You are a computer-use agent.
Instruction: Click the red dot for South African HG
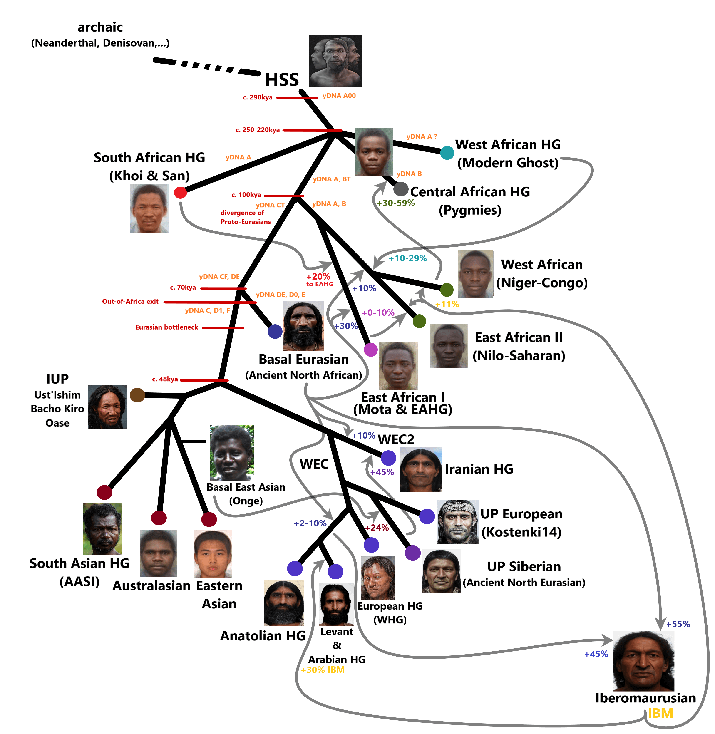180,193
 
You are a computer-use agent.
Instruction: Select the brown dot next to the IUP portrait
137,395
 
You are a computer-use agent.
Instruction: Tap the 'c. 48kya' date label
165,379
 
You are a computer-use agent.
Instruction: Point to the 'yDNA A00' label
339,96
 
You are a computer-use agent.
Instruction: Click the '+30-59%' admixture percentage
396,203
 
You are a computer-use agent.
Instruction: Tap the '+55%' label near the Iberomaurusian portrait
678,624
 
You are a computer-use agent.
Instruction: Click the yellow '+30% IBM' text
323,670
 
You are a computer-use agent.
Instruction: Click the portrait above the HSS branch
335,61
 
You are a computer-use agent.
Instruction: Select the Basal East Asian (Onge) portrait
231,453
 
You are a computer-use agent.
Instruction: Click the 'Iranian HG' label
479,469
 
